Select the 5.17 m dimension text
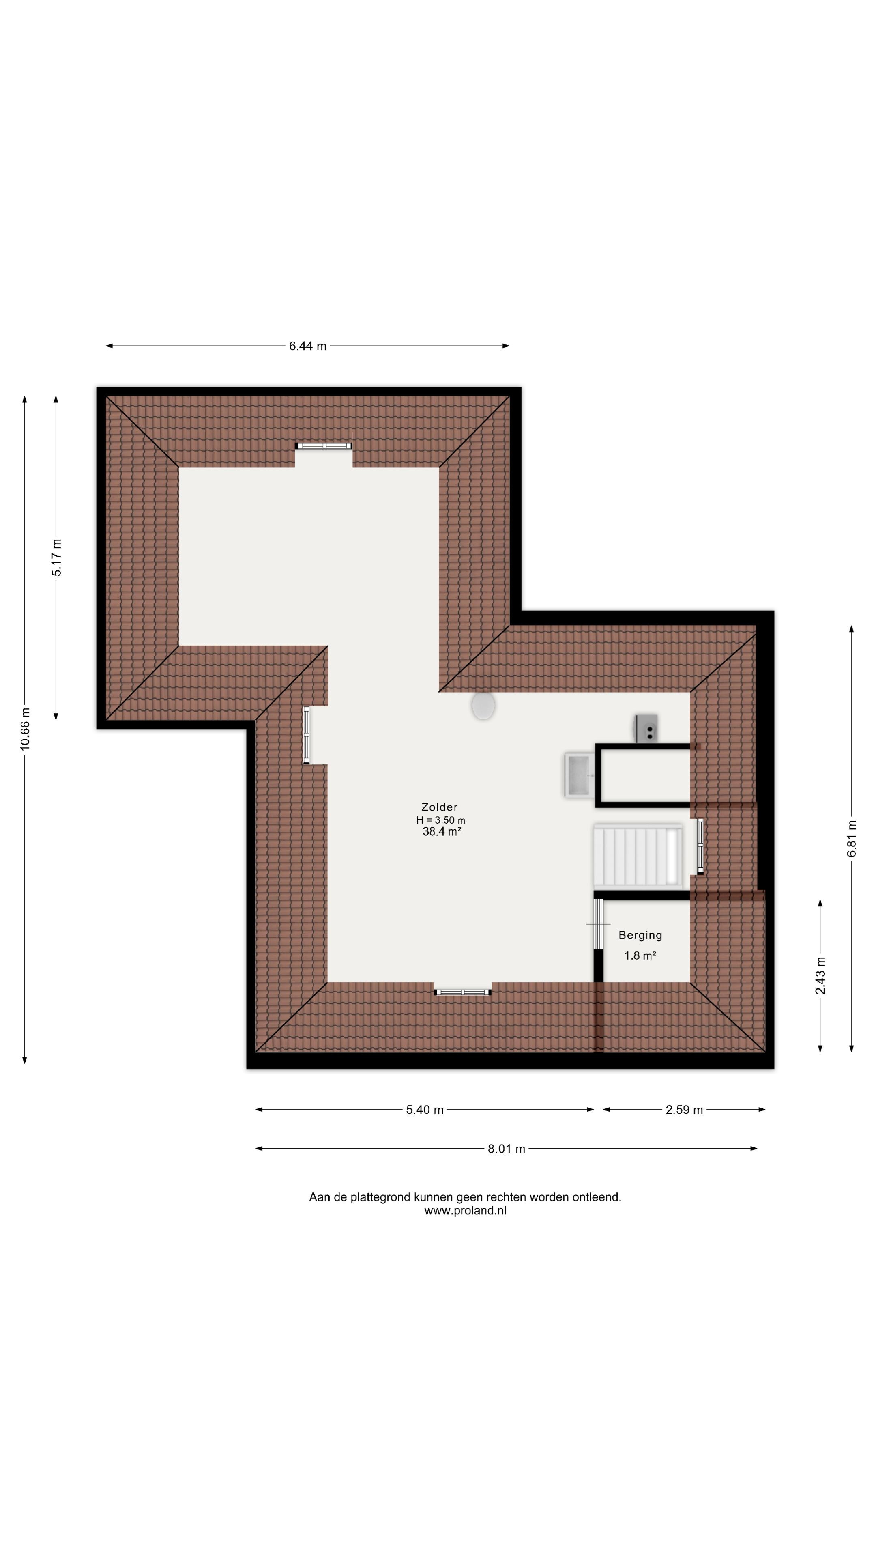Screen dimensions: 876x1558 (56, 557)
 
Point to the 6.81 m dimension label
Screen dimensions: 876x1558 (851, 838)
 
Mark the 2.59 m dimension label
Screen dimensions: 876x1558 (684, 1110)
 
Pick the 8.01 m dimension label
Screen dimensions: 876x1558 (507, 1149)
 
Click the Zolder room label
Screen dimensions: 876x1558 (440, 807)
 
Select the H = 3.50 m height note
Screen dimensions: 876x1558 (441, 820)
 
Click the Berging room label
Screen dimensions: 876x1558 (640, 935)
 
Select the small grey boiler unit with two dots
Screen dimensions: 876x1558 (646, 729)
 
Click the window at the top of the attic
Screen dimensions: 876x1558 (324, 446)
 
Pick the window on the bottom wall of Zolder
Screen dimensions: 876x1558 (462, 992)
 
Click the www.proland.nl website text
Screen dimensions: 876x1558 (465, 1211)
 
